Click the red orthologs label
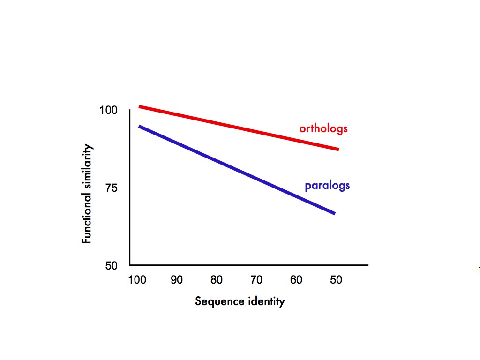click(323, 128)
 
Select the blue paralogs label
click(327, 186)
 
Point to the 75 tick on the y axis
click(111, 188)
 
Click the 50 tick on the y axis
click(111, 265)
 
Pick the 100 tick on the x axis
click(137, 280)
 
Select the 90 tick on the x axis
click(176, 280)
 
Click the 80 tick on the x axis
click(216, 280)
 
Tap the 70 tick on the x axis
click(256, 280)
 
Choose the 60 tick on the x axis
click(296, 280)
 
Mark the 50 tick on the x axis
click(336, 280)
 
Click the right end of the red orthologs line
click(337, 149)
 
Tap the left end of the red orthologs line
click(140, 107)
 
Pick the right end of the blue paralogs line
click(334, 213)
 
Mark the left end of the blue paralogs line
click(140, 126)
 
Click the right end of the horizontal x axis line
click(367, 265)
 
